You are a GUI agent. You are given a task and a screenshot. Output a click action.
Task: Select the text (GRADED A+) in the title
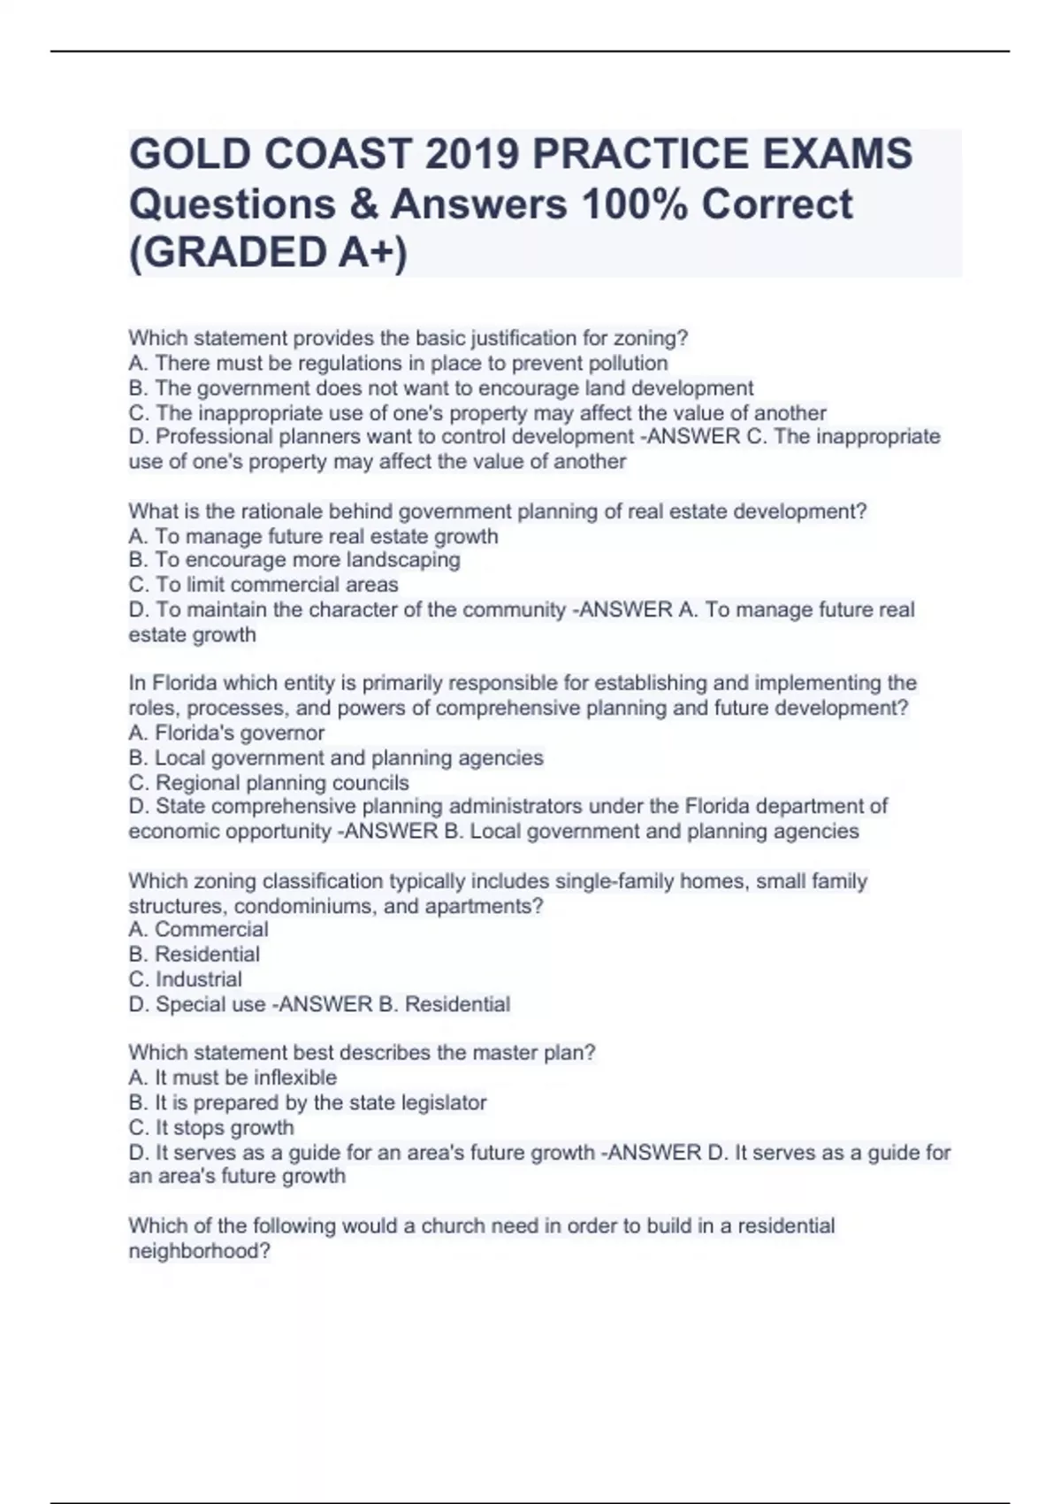[x=269, y=253]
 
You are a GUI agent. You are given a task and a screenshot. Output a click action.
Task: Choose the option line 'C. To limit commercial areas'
[x=263, y=585]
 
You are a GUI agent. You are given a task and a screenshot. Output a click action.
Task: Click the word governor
[x=282, y=733]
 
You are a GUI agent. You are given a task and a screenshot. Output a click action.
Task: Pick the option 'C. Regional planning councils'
[x=269, y=783]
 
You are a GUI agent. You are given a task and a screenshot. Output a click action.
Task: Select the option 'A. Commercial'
[x=198, y=930]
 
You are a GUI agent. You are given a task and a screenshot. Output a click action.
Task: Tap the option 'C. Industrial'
[x=185, y=979]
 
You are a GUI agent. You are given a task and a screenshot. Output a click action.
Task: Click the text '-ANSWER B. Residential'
[x=393, y=1004]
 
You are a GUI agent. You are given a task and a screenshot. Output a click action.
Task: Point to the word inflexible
[x=295, y=1078]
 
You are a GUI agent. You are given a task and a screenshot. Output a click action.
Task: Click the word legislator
[x=444, y=1102]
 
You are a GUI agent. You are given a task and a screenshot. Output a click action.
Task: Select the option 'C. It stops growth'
[x=211, y=1128]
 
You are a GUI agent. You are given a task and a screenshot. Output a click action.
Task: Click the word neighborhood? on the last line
[x=199, y=1251]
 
